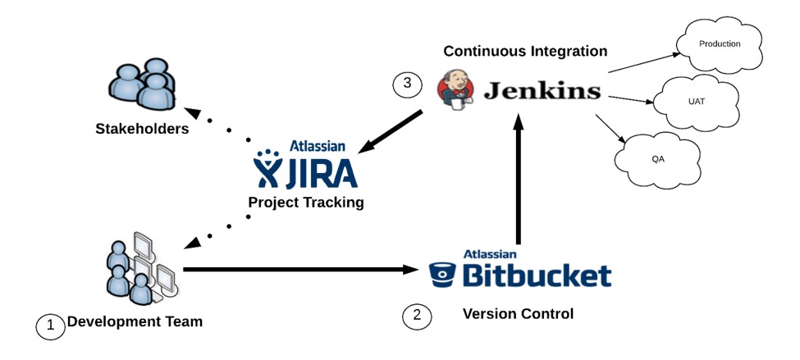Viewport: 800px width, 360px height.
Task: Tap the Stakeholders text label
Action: pyautogui.click(x=142, y=129)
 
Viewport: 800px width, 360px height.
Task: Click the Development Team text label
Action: pyautogui.click(x=135, y=321)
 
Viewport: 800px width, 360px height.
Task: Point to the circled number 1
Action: pyautogui.click(x=50, y=326)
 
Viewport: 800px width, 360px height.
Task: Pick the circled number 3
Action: pyautogui.click(x=407, y=83)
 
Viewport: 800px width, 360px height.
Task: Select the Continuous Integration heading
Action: pyautogui.click(x=525, y=51)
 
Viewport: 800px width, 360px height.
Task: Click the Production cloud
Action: pyautogui.click(x=719, y=45)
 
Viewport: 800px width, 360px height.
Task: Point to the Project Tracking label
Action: pyautogui.click(x=305, y=202)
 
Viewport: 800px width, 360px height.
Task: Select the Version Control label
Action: pyautogui.click(x=518, y=313)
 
